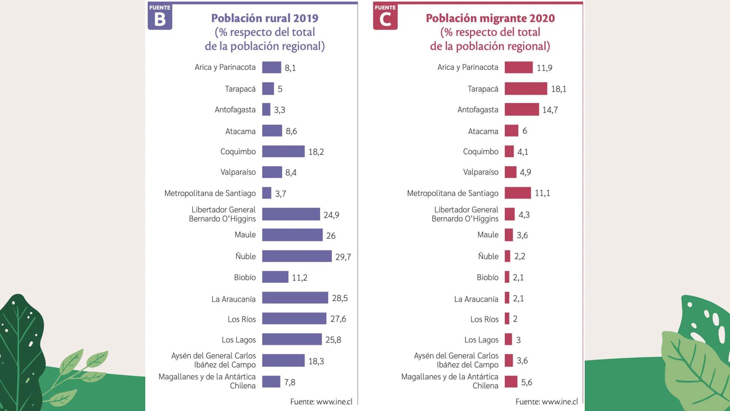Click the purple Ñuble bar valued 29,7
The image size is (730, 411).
[x=297, y=256]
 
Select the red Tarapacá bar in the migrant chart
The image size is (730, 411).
[x=525, y=89]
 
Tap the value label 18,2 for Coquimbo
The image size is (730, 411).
[x=316, y=152]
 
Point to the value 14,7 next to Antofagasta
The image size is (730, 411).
[x=550, y=110]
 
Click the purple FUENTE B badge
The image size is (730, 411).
[x=160, y=16]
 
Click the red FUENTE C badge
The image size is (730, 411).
[x=385, y=16]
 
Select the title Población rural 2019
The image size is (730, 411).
[x=265, y=18]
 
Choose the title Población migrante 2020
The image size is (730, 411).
[x=490, y=18]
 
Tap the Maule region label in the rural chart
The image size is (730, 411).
[x=245, y=235]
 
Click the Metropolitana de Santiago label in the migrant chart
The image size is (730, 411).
[x=452, y=193]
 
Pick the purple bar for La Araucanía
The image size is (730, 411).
[x=295, y=298]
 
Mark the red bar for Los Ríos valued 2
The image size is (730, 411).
[x=507, y=319]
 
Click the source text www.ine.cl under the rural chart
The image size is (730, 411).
[x=321, y=401]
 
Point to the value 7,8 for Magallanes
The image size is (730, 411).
[x=290, y=382]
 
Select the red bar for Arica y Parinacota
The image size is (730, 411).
[x=518, y=67]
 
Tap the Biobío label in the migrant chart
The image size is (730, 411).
[x=487, y=277]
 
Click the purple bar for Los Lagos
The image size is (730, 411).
[x=292, y=339]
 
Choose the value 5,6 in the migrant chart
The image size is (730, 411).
[x=526, y=382]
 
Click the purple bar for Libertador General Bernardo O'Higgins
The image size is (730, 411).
[x=291, y=214]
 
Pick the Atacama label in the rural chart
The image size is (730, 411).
[x=240, y=131]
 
